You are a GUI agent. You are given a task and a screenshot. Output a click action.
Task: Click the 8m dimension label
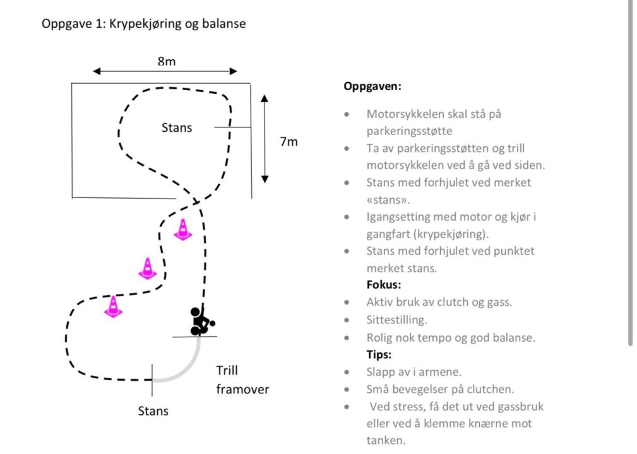pyautogui.click(x=166, y=61)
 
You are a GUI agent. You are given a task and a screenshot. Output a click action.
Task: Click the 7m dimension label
pyautogui.click(x=289, y=142)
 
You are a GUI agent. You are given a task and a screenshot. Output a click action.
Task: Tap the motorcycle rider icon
pyautogui.click(x=201, y=321)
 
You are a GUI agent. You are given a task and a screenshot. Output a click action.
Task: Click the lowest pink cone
pyautogui.click(x=113, y=306)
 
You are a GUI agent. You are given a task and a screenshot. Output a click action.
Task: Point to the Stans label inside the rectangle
pyautogui.click(x=177, y=128)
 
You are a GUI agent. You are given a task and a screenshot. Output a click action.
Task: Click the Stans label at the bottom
pyautogui.click(x=153, y=411)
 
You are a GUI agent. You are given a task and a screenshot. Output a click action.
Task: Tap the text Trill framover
pyautogui.click(x=242, y=380)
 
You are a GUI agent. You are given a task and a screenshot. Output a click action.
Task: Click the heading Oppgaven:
pyautogui.click(x=372, y=86)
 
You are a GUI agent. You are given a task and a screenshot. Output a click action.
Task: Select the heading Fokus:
pyautogui.click(x=384, y=284)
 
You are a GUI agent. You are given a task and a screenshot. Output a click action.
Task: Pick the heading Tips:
pyautogui.click(x=379, y=354)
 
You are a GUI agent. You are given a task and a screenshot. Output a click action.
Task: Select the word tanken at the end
pyautogui.click(x=386, y=440)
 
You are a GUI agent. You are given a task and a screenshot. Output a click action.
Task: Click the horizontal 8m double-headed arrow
pyautogui.click(x=165, y=71)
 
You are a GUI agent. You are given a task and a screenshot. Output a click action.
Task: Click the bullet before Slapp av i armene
pyautogui.click(x=347, y=372)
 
